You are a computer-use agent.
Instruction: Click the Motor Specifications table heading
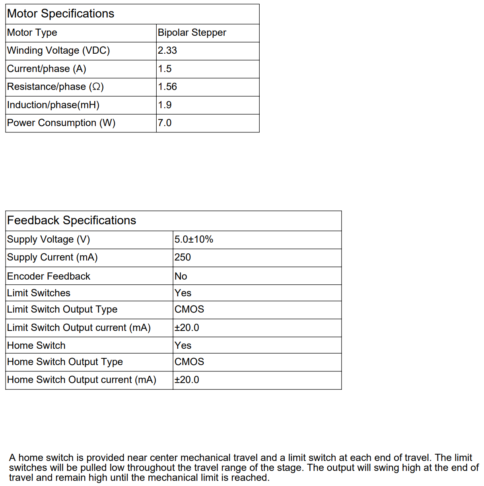60,14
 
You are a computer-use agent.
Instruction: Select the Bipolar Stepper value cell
192,33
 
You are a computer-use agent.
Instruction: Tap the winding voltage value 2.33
167,51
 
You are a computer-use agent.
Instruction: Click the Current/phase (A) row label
47,69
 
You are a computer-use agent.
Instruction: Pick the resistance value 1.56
167,87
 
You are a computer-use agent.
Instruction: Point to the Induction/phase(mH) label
53,105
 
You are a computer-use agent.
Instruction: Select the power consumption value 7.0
165,123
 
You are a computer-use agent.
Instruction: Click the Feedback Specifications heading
72,220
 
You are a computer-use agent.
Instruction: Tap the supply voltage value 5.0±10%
194,239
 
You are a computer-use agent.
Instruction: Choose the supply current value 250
183,257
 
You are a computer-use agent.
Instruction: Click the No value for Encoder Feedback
181,276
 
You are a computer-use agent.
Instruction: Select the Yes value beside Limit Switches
183,293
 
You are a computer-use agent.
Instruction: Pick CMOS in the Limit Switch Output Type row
189,309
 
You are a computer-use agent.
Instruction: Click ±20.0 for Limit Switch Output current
187,328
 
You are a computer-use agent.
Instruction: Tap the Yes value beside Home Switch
183,346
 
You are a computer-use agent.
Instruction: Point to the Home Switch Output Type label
65,362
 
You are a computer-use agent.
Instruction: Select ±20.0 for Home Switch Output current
187,380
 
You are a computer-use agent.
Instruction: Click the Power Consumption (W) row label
61,123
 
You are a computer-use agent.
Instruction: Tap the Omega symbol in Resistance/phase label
96,87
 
